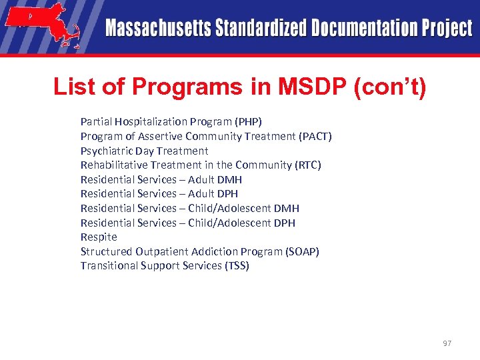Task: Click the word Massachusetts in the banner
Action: (157, 28)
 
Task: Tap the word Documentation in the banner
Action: (353, 28)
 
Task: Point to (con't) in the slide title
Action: (392, 87)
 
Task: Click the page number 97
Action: (446, 343)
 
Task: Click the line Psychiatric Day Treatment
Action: (144, 151)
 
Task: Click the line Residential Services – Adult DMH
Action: (161, 179)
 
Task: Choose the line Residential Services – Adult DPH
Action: (159, 194)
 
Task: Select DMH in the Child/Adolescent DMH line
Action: (286, 208)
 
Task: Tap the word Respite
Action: (99, 237)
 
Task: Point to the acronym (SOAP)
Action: (303, 251)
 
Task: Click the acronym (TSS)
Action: (235, 265)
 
